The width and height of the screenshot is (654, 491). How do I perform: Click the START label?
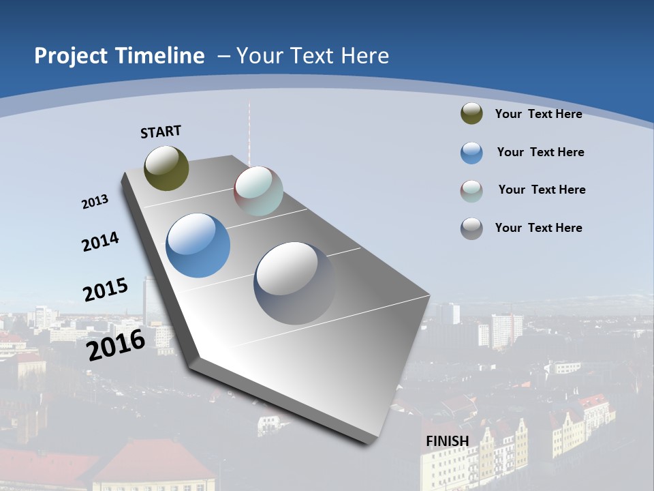click(x=161, y=132)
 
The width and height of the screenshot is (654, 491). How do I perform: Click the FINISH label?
click(x=448, y=441)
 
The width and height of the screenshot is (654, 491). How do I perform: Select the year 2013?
click(x=95, y=202)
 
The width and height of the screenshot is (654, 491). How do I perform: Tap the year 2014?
click(x=100, y=242)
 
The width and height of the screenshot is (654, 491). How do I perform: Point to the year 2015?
click(x=105, y=290)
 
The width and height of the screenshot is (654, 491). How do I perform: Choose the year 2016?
click(x=116, y=345)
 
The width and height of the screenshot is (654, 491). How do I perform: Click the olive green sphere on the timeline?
click(x=166, y=168)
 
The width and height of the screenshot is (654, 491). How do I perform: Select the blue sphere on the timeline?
click(x=198, y=245)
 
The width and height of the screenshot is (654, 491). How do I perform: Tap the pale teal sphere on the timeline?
click(x=258, y=191)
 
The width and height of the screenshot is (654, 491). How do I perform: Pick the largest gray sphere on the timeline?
click(x=295, y=282)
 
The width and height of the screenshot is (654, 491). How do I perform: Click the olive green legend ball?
click(x=471, y=113)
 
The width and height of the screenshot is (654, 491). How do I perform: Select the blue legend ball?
click(x=471, y=153)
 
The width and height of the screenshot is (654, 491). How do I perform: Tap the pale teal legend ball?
click(x=471, y=191)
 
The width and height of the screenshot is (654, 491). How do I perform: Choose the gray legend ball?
click(x=471, y=228)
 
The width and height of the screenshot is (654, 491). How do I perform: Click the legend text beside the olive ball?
click(x=538, y=114)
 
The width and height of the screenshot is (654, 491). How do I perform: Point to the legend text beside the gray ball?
click(x=538, y=228)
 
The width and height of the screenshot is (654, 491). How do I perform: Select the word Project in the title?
click(x=68, y=56)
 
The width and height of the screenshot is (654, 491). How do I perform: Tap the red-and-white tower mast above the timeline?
click(x=249, y=133)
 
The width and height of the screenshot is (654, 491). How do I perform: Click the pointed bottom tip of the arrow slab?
click(x=369, y=442)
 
